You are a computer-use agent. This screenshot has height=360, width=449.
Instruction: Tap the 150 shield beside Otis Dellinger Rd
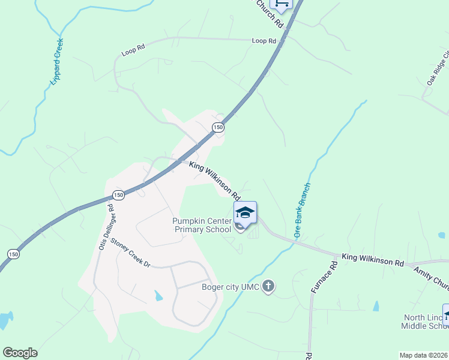click(118, 196)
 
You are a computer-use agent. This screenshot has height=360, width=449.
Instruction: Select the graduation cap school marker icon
click(245, 212)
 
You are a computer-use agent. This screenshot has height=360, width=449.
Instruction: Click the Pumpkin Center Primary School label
click(202, 225)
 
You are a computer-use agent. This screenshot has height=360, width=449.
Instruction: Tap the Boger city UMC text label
click(231, 287)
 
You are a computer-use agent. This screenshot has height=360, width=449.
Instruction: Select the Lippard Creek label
click(54, 64)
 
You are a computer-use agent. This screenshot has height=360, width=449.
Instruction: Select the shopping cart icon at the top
click(280, 4)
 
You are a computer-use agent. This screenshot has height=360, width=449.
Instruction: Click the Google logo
click(20, 353)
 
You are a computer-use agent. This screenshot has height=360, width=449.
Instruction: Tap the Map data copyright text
click(424, 355)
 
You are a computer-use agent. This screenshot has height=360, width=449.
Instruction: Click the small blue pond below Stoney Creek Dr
click(158, 295)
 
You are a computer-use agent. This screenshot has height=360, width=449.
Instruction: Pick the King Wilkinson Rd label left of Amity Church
click(373, 260)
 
